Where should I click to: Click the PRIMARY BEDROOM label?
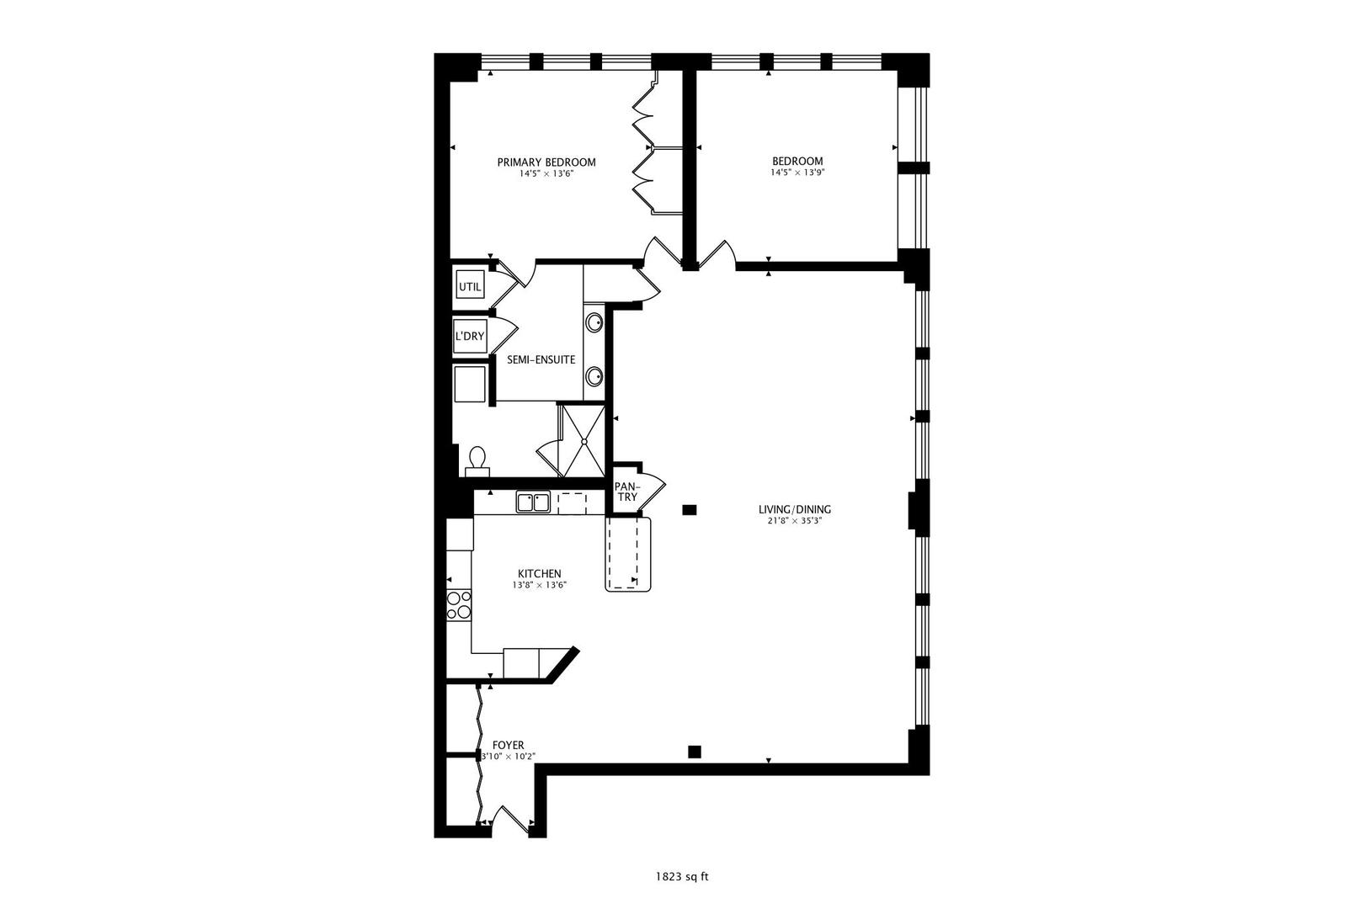click(546, 162)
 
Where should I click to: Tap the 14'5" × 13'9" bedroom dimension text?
click(797, 173)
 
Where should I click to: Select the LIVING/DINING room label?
click(795, 509)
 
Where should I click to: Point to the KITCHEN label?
click(539, 573)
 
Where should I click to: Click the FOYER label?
click(508, 745)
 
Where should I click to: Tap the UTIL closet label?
click(470, 287)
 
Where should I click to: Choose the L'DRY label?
click(470, 336)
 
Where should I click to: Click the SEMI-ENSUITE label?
click(541, 360)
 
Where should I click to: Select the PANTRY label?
click(627, 492)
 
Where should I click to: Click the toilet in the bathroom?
click(477, 462)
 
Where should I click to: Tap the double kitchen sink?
click(533, 502)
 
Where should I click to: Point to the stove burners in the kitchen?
click(459, 605)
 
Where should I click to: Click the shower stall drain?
click(583, 441)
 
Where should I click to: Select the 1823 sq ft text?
click(682, 877)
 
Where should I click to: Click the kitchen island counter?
click(628, 554)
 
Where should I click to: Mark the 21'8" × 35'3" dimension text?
click(795, 521)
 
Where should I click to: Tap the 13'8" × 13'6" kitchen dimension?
click(539, 585)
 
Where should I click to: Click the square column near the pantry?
click(689, 510)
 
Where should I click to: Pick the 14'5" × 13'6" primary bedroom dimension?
click(546, 173)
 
